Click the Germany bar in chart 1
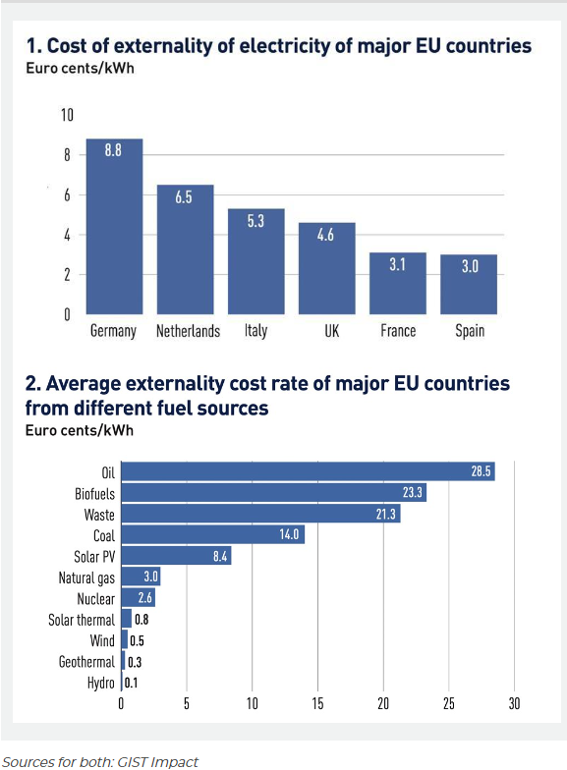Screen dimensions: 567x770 click(114, 226)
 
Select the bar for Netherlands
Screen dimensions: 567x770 click(185, 249)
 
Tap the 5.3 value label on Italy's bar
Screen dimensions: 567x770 click(255, 221)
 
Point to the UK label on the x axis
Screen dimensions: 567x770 click(332, 330)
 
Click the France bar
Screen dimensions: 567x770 click(397, 283)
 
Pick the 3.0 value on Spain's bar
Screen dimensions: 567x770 click(470, 266)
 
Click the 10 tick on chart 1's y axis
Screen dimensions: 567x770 click(67, 115)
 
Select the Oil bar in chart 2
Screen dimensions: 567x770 click(309, 471)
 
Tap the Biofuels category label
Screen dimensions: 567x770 click(94, 493)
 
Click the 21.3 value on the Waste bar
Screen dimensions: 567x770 click(385, 514)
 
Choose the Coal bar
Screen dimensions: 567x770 click(212, 534)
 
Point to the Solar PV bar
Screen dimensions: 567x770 click(177, 556)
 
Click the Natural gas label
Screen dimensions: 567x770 click(86, 577)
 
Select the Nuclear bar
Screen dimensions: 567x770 click(138, 597)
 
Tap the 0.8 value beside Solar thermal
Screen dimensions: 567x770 click(142, 619)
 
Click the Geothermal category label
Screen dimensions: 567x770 click(86, 662)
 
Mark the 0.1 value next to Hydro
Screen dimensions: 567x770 click(131, 683)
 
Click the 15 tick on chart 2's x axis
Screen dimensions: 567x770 click(317, 703)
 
